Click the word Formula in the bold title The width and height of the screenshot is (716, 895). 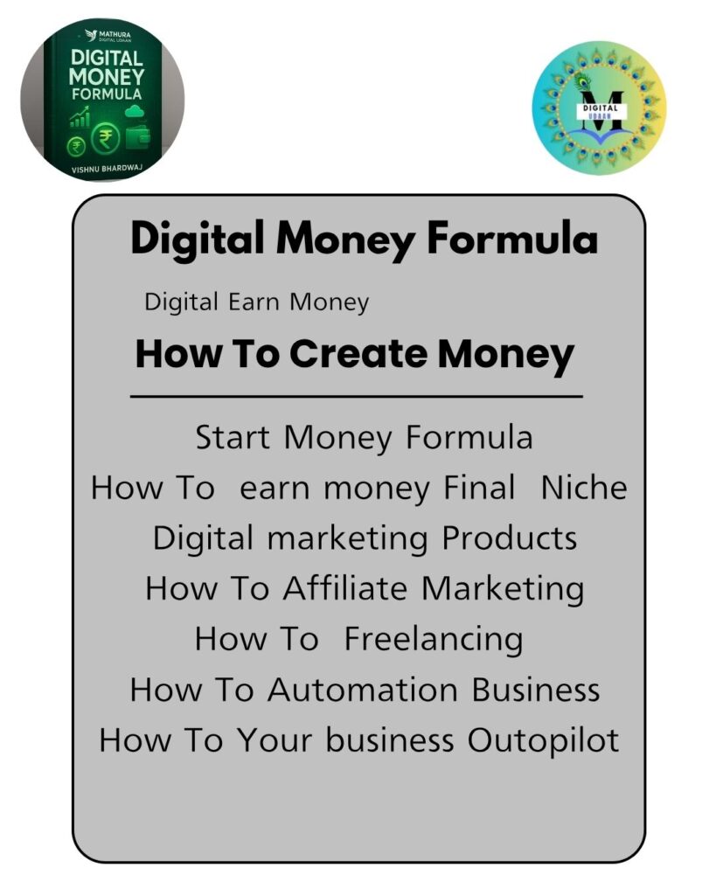512,238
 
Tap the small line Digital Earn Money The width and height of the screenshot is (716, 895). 256,302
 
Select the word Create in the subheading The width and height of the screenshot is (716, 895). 358,353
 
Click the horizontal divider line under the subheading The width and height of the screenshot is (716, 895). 357,396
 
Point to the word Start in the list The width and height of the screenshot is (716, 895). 233,438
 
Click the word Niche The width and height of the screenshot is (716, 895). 583,488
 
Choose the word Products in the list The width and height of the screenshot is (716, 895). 510,538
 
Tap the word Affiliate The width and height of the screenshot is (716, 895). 345,588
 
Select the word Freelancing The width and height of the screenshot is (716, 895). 434,639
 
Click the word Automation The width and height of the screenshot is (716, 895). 363,690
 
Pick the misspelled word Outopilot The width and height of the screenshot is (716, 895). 543,740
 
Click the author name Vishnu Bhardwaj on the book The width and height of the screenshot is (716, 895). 107,169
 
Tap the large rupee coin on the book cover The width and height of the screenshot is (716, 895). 106,139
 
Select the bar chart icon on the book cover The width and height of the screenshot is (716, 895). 80,118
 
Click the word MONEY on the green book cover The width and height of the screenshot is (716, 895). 106,77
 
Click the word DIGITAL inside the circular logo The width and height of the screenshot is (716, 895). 600,108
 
